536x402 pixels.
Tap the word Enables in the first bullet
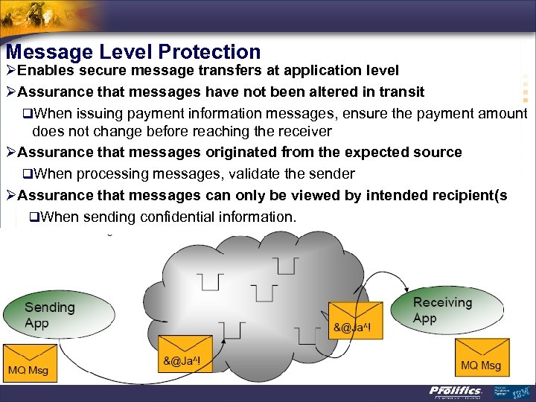tap(45, 71)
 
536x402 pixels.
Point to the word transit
tap(398, 92)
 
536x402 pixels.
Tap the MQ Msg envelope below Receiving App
tap(480, 357)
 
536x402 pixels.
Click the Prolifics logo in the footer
tap(456, 392)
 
